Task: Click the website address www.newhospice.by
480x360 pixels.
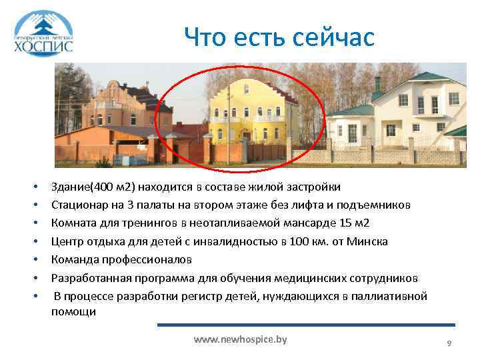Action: [240, 339]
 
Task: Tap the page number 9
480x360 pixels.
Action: [449, 343]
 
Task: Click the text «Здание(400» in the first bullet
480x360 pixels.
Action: [78, 186]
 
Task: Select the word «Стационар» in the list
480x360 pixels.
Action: [79, 204]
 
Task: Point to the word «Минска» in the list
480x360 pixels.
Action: [369, 241]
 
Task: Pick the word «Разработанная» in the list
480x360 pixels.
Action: [89, 277]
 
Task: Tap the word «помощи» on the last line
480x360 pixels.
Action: [73, 311]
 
